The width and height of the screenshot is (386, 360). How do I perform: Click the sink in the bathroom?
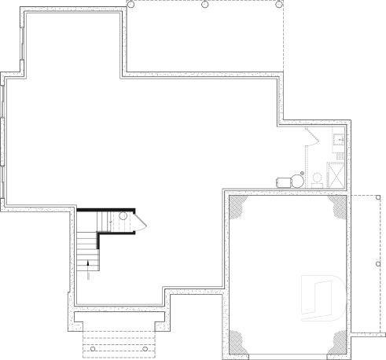(x=338, y=141)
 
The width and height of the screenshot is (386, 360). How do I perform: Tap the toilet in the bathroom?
(x=315, y=177)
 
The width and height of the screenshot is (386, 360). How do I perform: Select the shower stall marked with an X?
(x=336, y=173)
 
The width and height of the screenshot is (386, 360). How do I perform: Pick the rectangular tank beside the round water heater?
(x=284, y=182)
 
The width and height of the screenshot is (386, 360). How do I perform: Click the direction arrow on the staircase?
(x=87, y=264)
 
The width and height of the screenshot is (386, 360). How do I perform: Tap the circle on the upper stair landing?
(x=123, y=216)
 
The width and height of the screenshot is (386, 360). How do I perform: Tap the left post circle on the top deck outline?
(x=131, y=4)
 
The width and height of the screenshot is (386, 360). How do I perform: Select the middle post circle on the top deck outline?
(x=205, y=4)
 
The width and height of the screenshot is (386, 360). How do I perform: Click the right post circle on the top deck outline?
(x=279, y=4)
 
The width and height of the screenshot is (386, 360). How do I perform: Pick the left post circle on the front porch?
(x=92, y=348)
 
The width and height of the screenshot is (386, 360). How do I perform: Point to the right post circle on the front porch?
(x=145, y=348)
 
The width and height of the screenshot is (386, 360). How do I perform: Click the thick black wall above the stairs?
(x=106, y=208)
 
